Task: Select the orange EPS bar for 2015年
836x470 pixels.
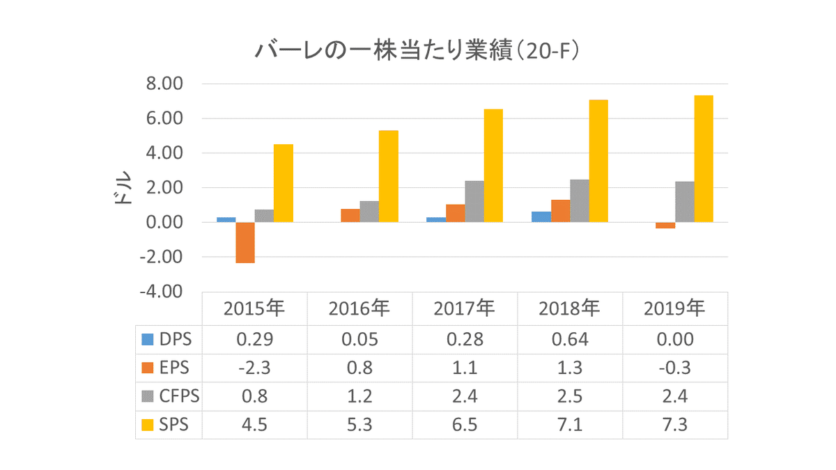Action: click(245, 242)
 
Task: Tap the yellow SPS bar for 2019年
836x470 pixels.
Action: click(704, 159)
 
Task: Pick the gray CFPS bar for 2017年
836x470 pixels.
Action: click(474, 201)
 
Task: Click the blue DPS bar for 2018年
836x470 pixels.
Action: click(541, 217)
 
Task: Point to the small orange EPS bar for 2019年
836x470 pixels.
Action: click(665, 226)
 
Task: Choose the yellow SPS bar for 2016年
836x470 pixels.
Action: click(389, 176)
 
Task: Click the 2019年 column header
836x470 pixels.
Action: click(675, 308)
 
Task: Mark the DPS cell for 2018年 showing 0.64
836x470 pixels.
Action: click(570, 340)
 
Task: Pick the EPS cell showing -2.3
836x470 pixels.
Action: click(254, 368)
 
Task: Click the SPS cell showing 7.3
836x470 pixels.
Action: click(675, 425)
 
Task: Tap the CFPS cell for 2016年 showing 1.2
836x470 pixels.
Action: click(359, 396)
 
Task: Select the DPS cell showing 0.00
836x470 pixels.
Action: click(675, 340)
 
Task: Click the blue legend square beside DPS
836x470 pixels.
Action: click(147, 340)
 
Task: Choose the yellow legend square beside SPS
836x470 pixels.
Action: click(147, 425)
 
